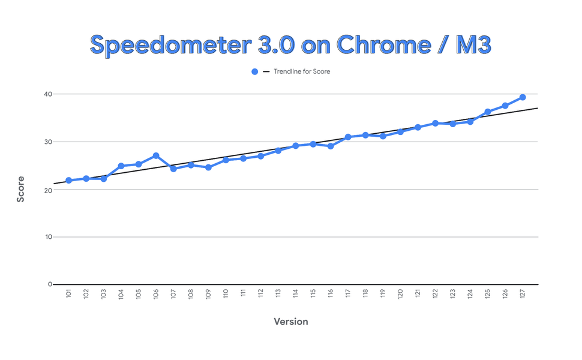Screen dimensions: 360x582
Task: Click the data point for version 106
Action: (x=156, y=155)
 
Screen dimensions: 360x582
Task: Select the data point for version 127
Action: (x=523, y=97)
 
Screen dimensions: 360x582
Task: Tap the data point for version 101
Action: (x=68, y=181)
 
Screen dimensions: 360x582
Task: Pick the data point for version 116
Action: (x=331, y=146)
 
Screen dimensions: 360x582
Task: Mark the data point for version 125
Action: (x=488, y=112)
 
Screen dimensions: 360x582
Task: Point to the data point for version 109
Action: (x=208, y=167)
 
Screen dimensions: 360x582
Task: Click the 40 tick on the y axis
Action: (x=47, y=94)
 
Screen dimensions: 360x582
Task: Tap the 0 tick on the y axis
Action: (x=50, y=284)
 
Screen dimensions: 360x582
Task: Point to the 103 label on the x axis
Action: (x=104, y=294)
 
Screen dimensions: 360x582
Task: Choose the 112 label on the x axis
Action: (x=261, y=294)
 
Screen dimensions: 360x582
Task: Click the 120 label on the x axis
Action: (x=400, y=294)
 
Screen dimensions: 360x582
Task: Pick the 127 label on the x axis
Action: (x=523, y=294)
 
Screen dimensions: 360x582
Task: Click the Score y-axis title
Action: (x=21, y=189)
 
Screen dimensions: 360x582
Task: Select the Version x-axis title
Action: (x=291, y=322)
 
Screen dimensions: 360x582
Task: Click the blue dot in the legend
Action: (x=254, y=72)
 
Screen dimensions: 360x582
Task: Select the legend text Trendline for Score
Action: (x=302, y=72)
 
